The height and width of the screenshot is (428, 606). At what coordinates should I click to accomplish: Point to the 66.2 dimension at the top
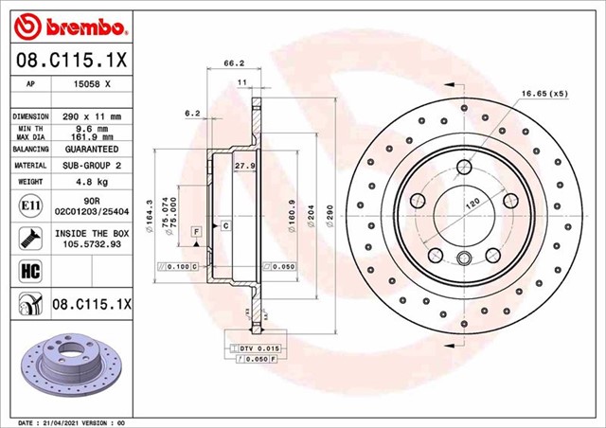pos(228,64)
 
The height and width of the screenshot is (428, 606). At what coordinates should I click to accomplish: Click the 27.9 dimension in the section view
pos(244,166)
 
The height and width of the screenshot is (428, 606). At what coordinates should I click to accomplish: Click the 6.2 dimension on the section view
pos(192,113)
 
